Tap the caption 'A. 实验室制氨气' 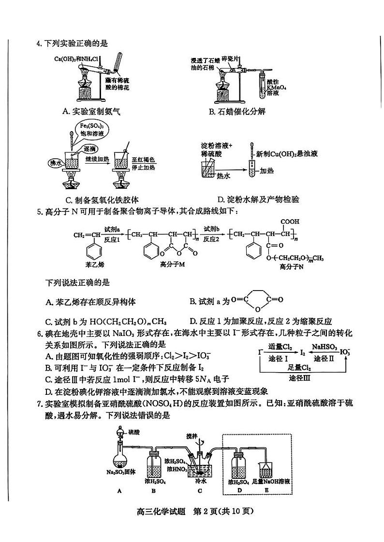91,111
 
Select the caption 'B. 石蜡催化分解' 237,111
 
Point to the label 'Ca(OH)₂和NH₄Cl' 76,60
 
